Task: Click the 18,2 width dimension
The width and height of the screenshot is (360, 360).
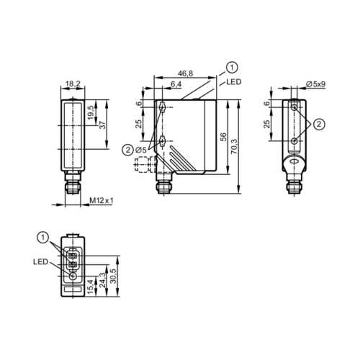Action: (x=74, y=84)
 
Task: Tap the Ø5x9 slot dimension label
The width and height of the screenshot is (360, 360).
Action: (x=314, y=84)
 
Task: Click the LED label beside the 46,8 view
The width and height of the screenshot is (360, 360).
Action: (x=233, y=83)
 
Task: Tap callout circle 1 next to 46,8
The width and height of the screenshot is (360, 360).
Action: (x=230, y=68)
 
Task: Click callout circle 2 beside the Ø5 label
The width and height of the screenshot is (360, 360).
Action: (x=127, y=150)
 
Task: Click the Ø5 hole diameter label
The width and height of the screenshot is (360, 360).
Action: (x=142, y=150)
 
